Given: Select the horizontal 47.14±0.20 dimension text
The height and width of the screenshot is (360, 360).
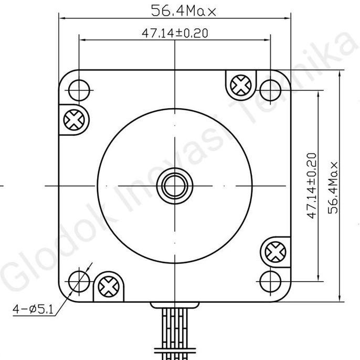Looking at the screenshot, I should pyautogui.click(x=175, y=33).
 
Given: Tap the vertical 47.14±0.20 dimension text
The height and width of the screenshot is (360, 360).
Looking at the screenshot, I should pyautogui.click(x=312, y=186).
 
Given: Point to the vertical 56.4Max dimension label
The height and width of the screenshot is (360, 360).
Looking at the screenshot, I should pyautogui.click(x=333, y=186).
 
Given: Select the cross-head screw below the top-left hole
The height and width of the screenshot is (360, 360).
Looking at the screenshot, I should pyautogui.click(x=73, y=120).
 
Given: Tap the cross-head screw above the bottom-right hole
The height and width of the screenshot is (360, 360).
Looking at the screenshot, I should pyautogui.click(x=274, y=252).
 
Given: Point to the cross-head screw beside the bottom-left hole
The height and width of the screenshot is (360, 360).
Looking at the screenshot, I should pyautogui.click(x=109, y=286).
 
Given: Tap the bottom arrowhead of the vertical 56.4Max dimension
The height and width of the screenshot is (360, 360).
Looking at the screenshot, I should pyautogui.click(x=341, y=298).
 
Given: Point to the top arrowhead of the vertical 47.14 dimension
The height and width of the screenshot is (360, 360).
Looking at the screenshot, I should pyautogui.click(x=319, y=91).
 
